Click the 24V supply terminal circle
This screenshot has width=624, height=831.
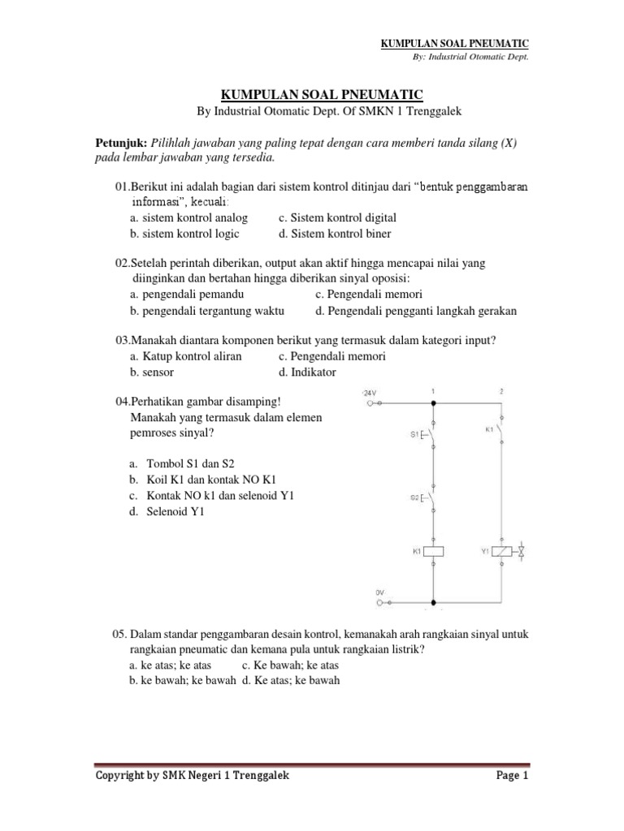coord(372,402)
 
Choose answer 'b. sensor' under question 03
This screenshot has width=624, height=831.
coord(152,372)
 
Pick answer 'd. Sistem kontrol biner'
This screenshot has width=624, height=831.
coord(334,234)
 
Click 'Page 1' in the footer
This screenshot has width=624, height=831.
coord(512,776)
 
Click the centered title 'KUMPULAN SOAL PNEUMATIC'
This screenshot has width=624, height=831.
coord(312,94)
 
